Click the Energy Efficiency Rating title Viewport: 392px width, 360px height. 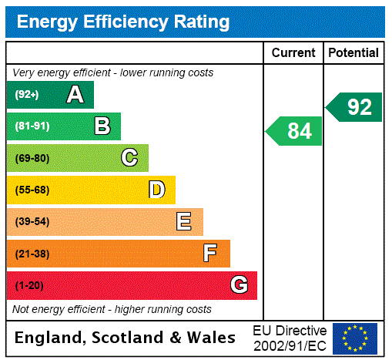[x=123, y=22]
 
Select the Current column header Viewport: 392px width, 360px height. [x=293, y=52]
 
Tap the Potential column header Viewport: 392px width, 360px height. [x=353, y=52]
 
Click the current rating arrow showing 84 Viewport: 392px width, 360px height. [x=295, y=131]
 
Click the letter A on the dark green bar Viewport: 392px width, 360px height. [x=75, y=95]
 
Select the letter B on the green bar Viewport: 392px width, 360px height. [x=102, y=126]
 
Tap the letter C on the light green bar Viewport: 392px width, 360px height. [x=129, y=158]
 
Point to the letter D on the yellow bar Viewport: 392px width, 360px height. [x=156, y=190]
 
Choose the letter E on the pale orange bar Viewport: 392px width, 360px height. [x=184, y=222]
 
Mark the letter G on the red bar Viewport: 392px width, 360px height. [x=239, y=285]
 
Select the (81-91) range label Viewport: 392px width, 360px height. [x=32, y=126]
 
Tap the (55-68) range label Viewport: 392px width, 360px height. [x=32, y=190]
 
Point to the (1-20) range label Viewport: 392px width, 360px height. [x=29, y=285]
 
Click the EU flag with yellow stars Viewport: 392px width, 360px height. [x=355, y=338]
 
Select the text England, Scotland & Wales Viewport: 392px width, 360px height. [x=126, y=338]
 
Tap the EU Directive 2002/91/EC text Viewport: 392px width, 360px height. [x=290, y=338]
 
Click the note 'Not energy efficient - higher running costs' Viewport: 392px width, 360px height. [x=112, y=309]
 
